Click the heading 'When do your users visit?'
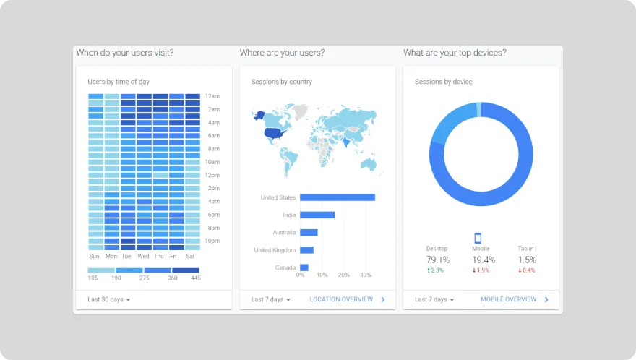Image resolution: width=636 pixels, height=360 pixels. pyautogui.click(x=125, y=53)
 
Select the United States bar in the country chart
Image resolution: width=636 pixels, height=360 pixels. pyautogui.click(x=337, y=197)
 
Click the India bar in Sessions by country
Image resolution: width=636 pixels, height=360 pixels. pyautogui.click(x=317, y=215)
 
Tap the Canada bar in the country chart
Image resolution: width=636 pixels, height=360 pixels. pyautogui.click(x=304, y=267)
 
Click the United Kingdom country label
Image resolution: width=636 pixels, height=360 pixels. pyautogui.click(x=275, y=250)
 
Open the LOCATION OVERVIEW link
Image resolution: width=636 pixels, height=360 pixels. pyautogui.click(x=341, y=299)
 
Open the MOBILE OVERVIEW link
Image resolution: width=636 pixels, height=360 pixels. pyautogui.click(x=509, y=299)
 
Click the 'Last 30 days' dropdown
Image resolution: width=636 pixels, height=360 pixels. pyautogui.click(x=109, y=299)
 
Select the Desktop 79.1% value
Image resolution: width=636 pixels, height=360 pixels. pyautogui.click(x=437, y=260)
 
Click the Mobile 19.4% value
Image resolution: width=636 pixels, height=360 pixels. pyautogui.click(x=484, y=260)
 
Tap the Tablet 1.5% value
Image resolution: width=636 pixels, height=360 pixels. pyautogui.click(x=526, y=260)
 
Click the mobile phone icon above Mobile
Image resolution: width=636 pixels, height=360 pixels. pyautogui.click(x=478, y=238)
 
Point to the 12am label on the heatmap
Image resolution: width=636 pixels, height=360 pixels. pyautogui.click(x=212, y=96)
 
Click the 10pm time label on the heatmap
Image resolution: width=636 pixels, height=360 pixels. pyautogui.click(x=212, y=241)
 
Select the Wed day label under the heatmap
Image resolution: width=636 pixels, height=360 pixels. pyautogui.click(x=143, y=256)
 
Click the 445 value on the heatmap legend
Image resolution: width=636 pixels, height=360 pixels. pyautogui.click(x=194, y=278)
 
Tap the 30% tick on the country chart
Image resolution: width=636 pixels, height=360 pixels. pyautogui.click(x=366, y=275)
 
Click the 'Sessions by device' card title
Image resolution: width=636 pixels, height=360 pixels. pyautogui.click(x=443, y=82)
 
